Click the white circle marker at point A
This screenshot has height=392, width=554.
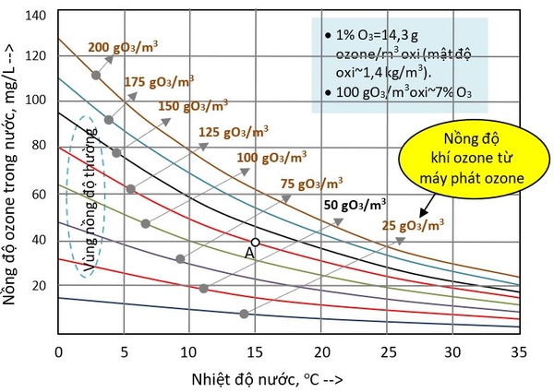pos(256,242)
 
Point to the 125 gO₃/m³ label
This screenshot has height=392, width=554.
pos(235,132)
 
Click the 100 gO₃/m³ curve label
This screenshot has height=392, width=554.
pos(273,158)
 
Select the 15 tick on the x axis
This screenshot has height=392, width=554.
pos(256,351)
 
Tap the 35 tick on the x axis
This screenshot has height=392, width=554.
pos(518,351)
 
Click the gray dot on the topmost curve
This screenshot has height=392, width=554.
pos(96,75)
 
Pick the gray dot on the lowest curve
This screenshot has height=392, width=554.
pos(244,315)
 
